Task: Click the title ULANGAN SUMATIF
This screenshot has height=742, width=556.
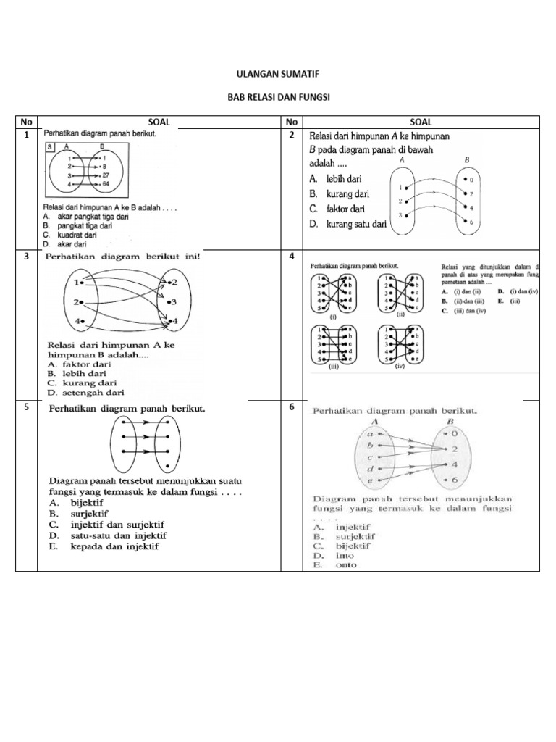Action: [278, 74]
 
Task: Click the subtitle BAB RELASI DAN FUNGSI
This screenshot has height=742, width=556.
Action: [278, 96]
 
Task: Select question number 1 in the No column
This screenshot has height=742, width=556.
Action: [26, 135]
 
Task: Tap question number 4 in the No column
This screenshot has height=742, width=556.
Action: [291, 257]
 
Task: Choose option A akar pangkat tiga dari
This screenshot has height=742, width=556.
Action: [88, 217]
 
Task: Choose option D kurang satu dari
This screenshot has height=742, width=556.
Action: [350, 225]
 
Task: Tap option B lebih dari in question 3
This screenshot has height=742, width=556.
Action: [81, 373]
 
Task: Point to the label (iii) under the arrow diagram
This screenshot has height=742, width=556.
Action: [334, 367]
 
